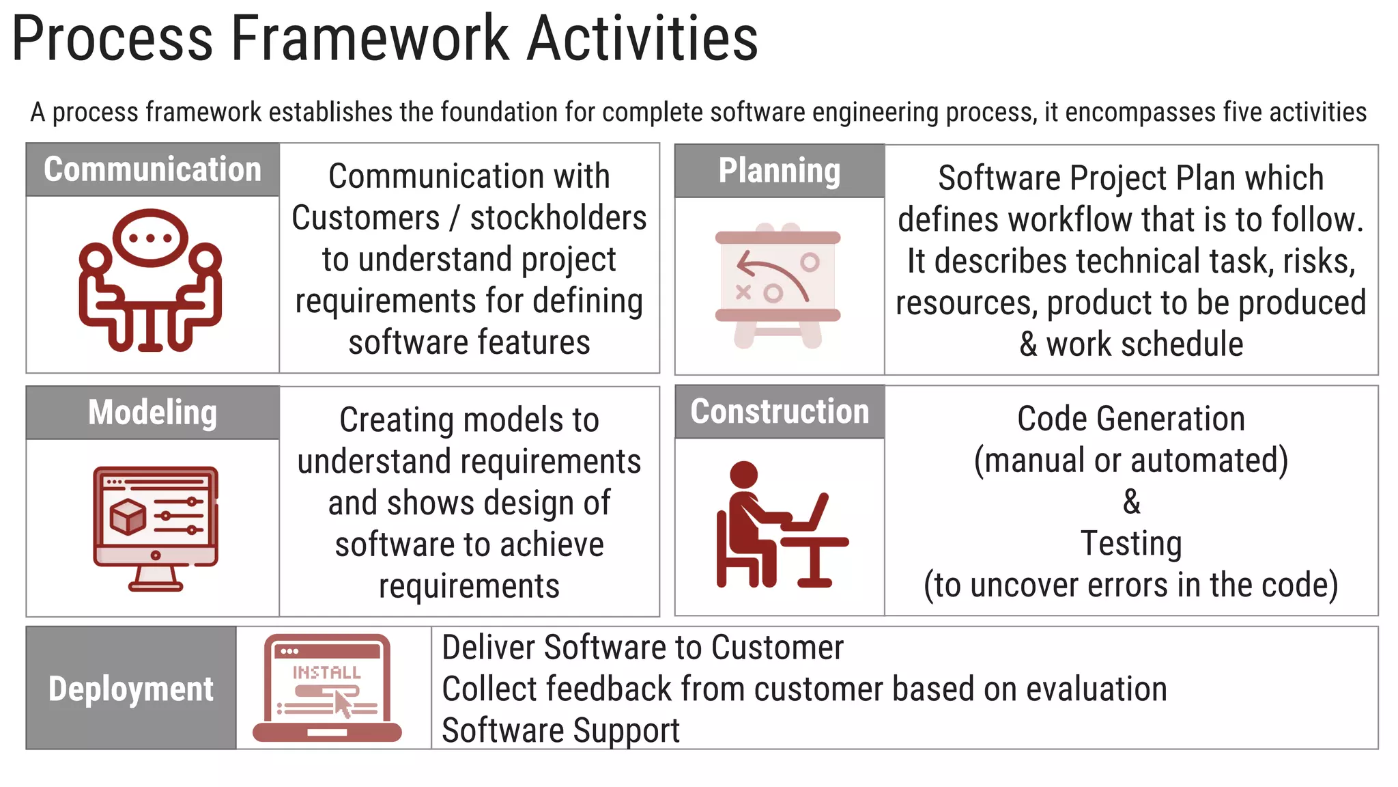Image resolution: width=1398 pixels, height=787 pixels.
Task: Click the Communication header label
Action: [152, 169]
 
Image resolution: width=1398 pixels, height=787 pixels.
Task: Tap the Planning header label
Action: [779, 171]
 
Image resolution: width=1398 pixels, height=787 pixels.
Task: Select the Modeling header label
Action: [152, 413]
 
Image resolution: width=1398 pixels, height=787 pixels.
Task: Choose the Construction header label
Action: [780, 411]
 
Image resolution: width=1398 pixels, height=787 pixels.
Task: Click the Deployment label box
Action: [130, 688]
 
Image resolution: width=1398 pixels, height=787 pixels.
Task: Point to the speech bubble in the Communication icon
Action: [150, 238]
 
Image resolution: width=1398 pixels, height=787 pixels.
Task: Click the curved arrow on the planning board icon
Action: [771, 273]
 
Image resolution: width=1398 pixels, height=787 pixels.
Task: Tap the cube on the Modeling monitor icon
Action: [128, 516]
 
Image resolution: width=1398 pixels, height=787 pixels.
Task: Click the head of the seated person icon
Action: [743, 474]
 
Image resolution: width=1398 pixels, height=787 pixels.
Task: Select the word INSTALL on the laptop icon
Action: [326, 673]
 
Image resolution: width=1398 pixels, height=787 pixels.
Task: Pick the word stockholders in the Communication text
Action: [558, 218]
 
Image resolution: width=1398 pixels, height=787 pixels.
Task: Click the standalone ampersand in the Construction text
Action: [1131, 501]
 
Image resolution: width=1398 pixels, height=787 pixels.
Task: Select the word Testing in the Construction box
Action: [1131, 544]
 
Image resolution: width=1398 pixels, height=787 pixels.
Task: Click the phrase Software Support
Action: [560, 730]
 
